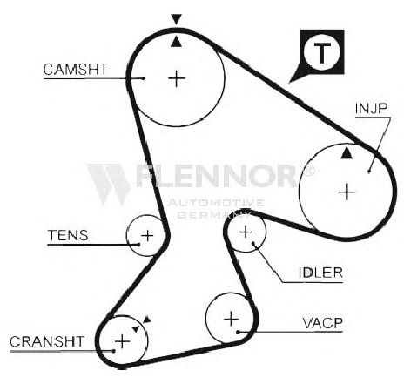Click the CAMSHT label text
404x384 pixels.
pyautogui.click(x=76, y=70)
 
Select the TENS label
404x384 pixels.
pyautogui.click(x=68, y=235)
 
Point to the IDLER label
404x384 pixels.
pyautogui.click(x=320, y=273)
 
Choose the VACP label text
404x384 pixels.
pyautogui.click(x=322, y=323)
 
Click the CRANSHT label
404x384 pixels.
pyautogui.click(x=47, y=341)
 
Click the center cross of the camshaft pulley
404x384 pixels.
pyautogui.click(x=177, y=78)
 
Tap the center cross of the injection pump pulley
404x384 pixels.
pyautogui.click(x=347, y=192)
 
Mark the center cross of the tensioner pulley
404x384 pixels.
pyautogui.click(x=147, y=235)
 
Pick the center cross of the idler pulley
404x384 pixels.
pyautogui.click(x=246, y=232)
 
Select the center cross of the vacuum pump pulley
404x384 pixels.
pyautogui.click(x=232, y=320)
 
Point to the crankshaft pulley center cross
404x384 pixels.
pyautogui.click(x=122, y=341)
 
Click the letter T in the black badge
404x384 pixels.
pyautogui.click(x=322, y=52)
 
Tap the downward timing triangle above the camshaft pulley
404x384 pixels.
pyautogui.click(x=177, y=19)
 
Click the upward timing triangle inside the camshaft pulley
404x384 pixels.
pyautogui.click(x=176, y=42)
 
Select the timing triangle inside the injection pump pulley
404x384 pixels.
pyautogui.click(x=347, y=153)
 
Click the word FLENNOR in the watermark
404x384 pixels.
pyautogui.click(x=218, y=176)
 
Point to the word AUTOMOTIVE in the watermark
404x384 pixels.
pyautogui.click(x=216, y=203)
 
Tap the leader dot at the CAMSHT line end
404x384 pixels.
pyautogui.click(x=144, y=78)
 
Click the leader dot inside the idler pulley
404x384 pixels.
pyautogui.click(x=253, y=243)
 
